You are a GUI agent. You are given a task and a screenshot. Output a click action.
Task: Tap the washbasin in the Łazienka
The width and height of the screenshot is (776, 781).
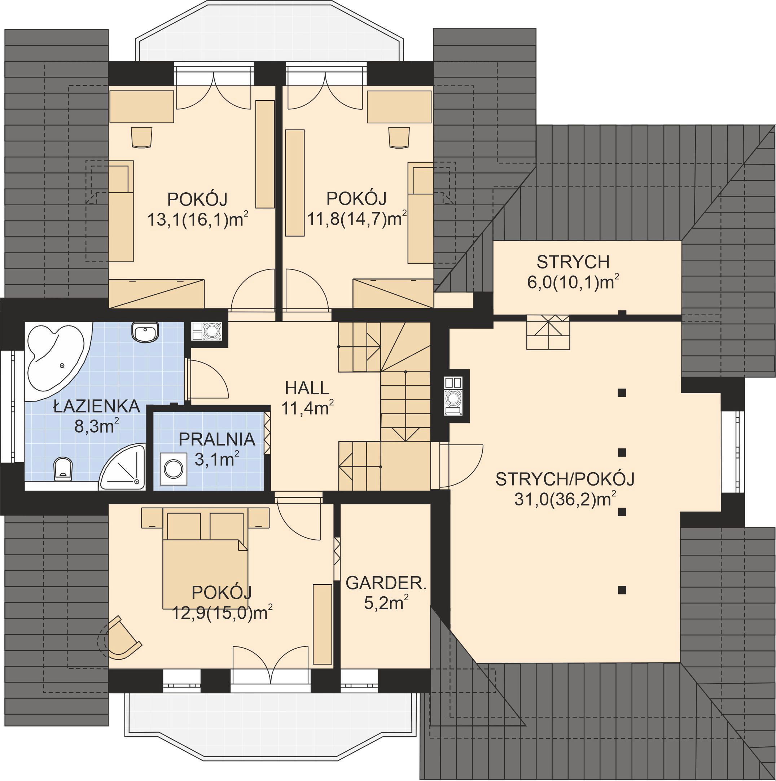click(145, 333)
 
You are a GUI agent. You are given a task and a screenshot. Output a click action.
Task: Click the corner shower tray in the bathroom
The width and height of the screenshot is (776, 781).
click(123, 468)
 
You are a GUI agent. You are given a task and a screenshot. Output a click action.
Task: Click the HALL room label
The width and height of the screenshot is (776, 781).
click(307, 388)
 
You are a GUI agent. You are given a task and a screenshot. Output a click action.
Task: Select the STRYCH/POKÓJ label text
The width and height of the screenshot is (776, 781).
click(565, 479)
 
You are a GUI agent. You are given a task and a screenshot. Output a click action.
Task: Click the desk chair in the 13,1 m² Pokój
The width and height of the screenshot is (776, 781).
click(141, 137)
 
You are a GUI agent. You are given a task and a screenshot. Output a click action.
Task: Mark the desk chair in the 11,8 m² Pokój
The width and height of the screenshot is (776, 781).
click(399, 137)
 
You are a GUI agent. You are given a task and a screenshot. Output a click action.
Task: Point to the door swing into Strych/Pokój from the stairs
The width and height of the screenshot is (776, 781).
click(461, 466)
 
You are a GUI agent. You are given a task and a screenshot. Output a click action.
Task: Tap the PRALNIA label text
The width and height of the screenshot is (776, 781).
click(217, 439)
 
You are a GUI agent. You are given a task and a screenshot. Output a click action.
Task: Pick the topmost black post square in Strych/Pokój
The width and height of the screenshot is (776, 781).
click(622, 392)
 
